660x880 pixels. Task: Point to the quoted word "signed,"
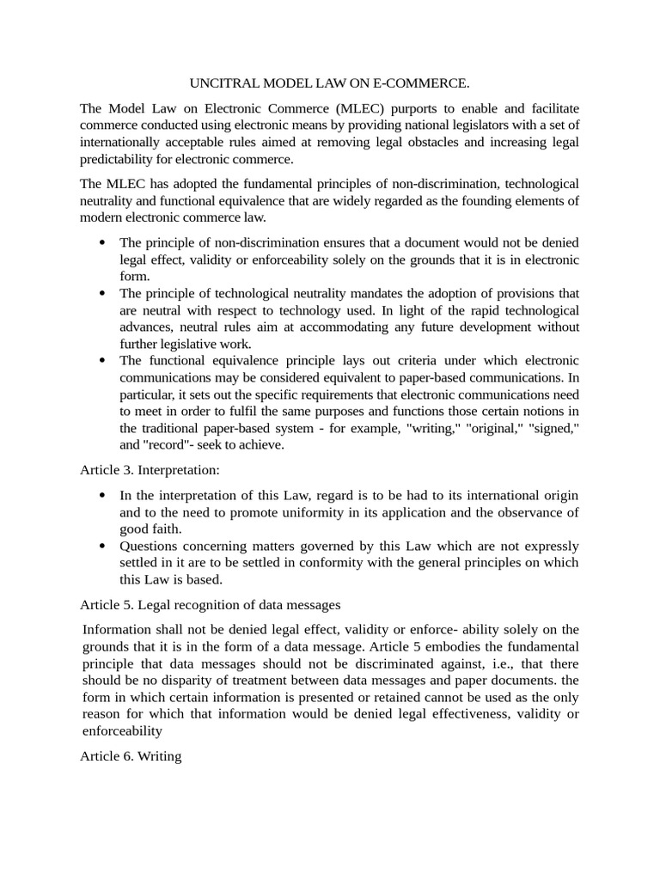pyautogui.click(x=550, y=427)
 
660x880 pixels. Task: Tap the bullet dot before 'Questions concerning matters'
pyautogui.click(x=103, y=547)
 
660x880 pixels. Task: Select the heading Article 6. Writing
pyautogui.click(x=131, y=756)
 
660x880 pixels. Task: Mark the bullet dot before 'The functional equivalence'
pyautogui.click(x=103, y=361)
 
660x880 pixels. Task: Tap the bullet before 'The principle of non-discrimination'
pyautogui.click(x=103, y=243)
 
